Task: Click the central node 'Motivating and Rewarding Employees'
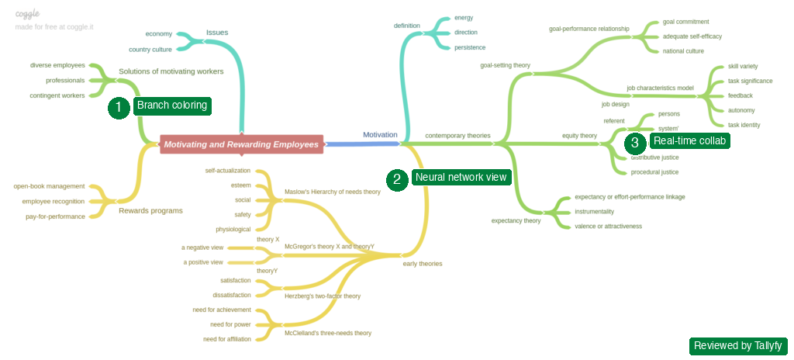pyautogui.click(x=241, y=144)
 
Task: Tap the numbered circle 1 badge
pyautogui.click(x=118, y=108)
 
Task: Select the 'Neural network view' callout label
pyautogui.click(x=461, y=177)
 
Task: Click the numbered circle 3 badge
pyautogui.click(x=634, y=142)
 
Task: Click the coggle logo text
pyautogui.click(x=27, y=14)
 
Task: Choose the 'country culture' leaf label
pyautogui.click(x=150, y=49)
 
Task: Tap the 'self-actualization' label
pyautogui.click(x=227, y=170)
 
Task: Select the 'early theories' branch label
pyautogui.click(x=423, y=264)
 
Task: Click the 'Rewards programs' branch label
pyautogui.click(x=150, y=210)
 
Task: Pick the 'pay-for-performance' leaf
pyautogui.click(x=55, y=216)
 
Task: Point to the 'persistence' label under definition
pyautogui.click(x=470, y=47)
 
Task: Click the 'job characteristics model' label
pyautogui.click(x=660, y=88)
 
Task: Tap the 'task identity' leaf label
pyautogui.click(x=744, y=125)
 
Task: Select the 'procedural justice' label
pyautogui.click(x=654, y=172)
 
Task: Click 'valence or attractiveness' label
pyautogui.click(x=608, y=226)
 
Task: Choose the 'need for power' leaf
pyautogui.click(x=232, y=324)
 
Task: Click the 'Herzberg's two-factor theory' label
pyautogui.click(x=323, y=296)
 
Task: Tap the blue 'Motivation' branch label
pyautogui.click(x=380, y=135)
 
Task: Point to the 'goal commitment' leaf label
pyautogui.click(x=685, y=22)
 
